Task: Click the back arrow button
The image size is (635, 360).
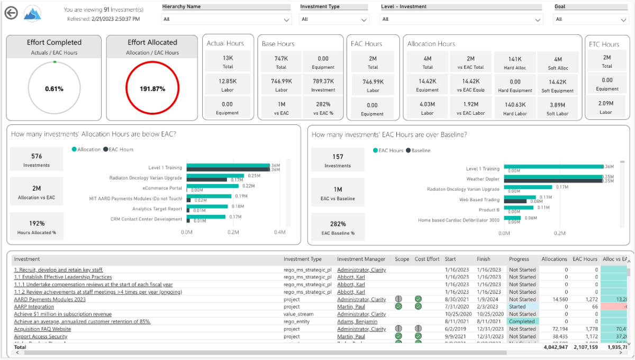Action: point(11,13)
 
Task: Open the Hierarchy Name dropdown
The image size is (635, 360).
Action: point(226,19)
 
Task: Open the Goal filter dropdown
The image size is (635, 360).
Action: point(591,19)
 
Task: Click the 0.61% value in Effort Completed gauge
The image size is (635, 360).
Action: point(54,89)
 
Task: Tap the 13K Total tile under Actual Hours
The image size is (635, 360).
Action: point(228,62)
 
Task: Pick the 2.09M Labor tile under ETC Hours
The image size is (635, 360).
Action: point(606,107)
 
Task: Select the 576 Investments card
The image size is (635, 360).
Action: point(37,160)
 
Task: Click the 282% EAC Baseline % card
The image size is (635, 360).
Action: point(338,228)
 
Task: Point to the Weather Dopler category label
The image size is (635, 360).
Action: point(483,179)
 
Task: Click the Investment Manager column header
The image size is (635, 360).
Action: point(361,259)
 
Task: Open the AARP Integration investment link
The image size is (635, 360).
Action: point(34,307)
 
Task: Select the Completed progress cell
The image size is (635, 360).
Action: point(522,321)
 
